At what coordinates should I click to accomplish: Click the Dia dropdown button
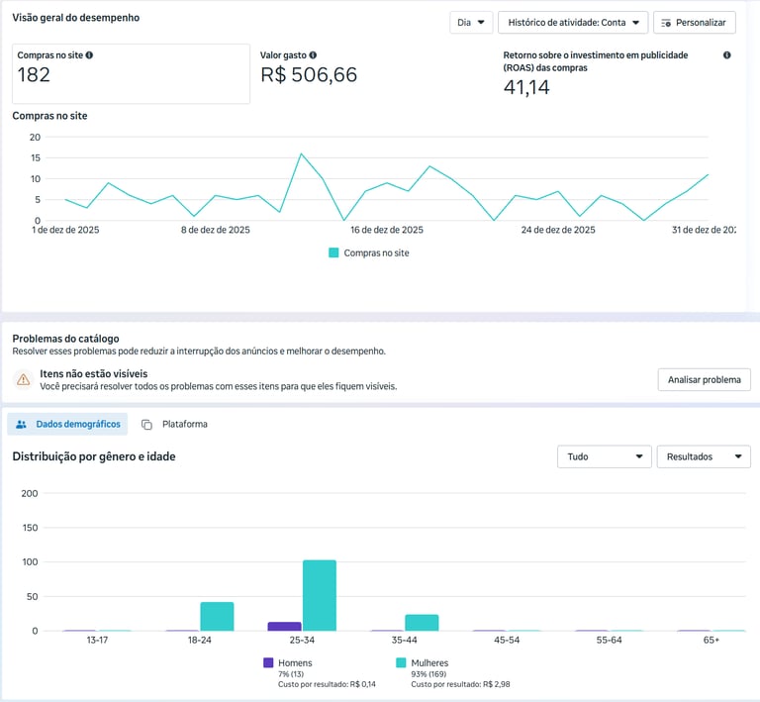tap(470, 23)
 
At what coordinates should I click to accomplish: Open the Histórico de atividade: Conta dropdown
tap(573, 23)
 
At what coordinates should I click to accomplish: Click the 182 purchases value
tap(34, 75)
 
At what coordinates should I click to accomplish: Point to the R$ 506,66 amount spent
tap(309, 75)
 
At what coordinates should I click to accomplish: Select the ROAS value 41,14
tap(526, 87)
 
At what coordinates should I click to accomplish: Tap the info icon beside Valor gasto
tap(313, 55)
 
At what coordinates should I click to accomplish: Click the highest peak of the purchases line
tap(301, 154)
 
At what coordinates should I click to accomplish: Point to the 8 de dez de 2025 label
tap(217, 230)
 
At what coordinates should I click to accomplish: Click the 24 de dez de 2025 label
tap(558, 230)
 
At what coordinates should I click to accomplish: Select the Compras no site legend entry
tap(368, 252)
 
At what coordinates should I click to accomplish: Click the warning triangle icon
tap(23, 379)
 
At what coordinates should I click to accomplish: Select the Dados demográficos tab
tap(68, 424)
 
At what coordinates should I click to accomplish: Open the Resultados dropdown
tap(703, 456)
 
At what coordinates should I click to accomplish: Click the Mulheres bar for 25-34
tap(320, 595)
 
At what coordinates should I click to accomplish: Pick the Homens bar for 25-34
tap(285, 626)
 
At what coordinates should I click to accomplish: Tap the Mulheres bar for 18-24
tap(217, 616)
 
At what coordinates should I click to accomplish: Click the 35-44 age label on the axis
tap(405, 641)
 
